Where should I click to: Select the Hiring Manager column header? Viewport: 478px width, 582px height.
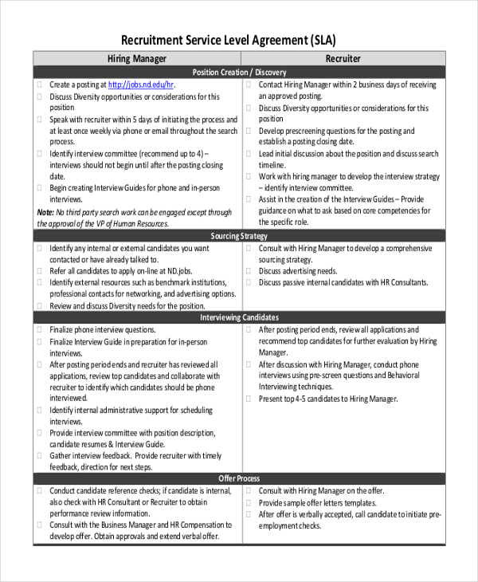(137, 58)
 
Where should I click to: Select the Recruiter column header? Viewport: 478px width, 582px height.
(343, 58)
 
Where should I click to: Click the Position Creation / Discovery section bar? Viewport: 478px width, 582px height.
(239, 72)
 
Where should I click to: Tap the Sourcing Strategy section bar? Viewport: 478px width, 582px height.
(239, 236)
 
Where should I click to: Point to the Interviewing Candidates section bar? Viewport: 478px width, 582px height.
(239, 317)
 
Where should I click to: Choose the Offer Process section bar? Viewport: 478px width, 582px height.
(239, 478)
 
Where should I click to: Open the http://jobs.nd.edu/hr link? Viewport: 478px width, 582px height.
(140, 85)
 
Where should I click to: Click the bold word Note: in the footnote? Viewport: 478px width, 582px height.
(46, 213)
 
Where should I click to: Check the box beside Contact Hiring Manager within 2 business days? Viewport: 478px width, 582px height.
(249, 85)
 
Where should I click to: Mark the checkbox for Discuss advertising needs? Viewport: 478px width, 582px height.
(249, 271)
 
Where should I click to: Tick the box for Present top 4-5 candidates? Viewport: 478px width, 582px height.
(249, 399)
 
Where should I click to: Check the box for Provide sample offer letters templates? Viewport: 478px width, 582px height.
(249, 503)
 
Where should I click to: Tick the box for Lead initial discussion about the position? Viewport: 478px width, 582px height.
(249, 154)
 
